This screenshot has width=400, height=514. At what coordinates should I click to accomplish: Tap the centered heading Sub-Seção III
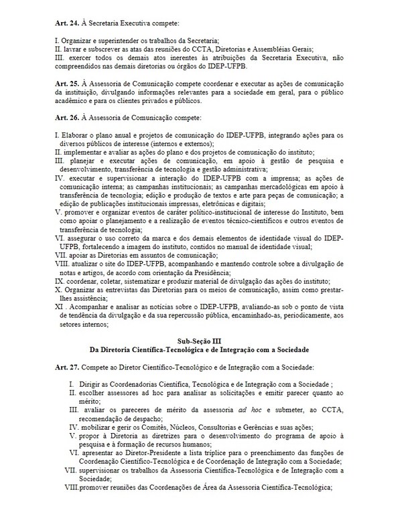click(x=200, y=341)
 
